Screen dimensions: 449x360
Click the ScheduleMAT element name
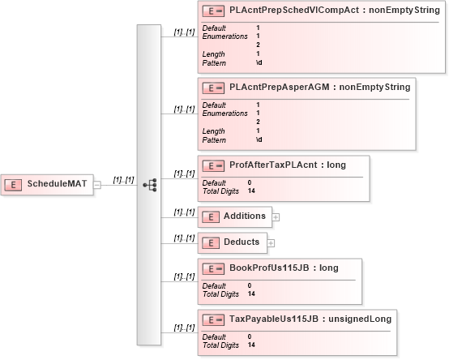click(x=57, y=183)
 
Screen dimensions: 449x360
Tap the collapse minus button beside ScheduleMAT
click(x=97, y=185)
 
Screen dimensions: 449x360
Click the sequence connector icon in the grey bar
click(x=150, y=185)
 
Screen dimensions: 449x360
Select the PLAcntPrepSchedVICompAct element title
click(x=335, y=11)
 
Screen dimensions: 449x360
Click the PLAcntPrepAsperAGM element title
click(x=320, y=87)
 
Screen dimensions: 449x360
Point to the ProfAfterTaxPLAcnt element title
click(x=288, y=165)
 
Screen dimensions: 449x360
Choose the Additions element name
click(x=245, y=216)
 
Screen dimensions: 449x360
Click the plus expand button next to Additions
click(x=276, y=217)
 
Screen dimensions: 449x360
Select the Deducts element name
click(x=242, y=242)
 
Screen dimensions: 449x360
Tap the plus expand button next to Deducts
click(x=271, y=243)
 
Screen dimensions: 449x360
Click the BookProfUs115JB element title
click(x=284, y=268)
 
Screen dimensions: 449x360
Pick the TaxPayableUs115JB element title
click(x=310, y=319)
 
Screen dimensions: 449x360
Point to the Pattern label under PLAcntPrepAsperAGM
click(x=214, y=140)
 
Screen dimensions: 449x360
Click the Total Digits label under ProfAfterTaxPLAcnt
click(x=220, y=191)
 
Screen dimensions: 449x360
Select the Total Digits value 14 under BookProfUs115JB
click(x=251, y=294)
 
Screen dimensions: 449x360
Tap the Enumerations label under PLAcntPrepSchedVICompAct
click(x=224, y=36)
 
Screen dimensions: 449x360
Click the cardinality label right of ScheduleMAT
click(x=123, y=180)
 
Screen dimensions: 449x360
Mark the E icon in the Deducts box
click(x=211, y=243)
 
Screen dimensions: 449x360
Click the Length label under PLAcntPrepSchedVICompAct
click(x=213, y=54)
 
